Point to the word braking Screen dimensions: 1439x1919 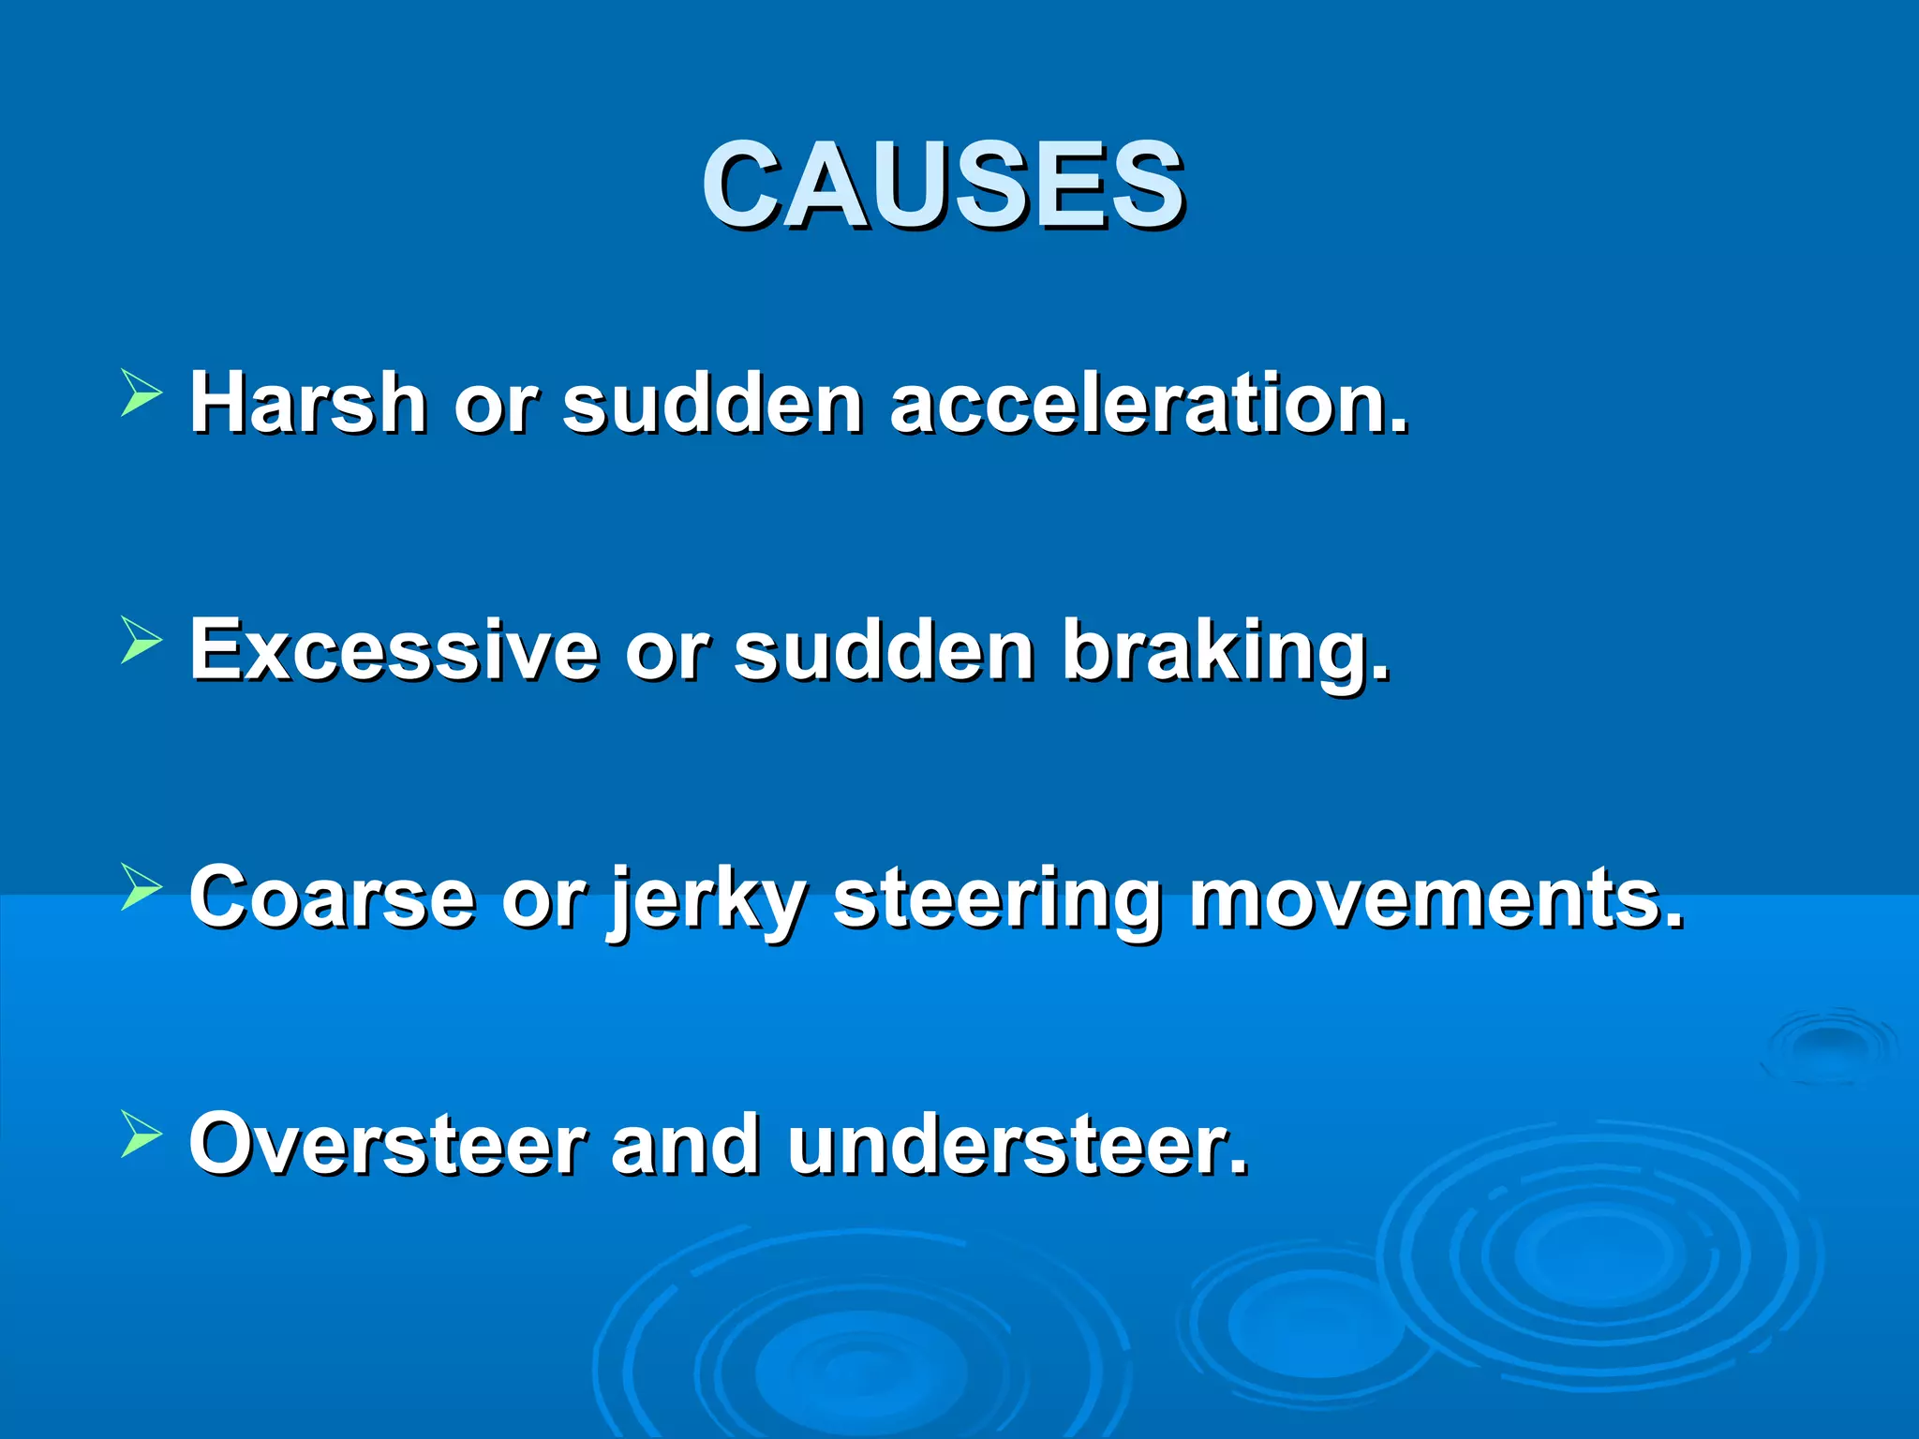1226,653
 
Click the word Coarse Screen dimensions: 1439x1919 332,897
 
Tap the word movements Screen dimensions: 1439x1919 1436,898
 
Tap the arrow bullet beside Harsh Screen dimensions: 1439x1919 141,393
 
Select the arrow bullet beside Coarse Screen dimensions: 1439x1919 141,887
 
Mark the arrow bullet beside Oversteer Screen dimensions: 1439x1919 141,1135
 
